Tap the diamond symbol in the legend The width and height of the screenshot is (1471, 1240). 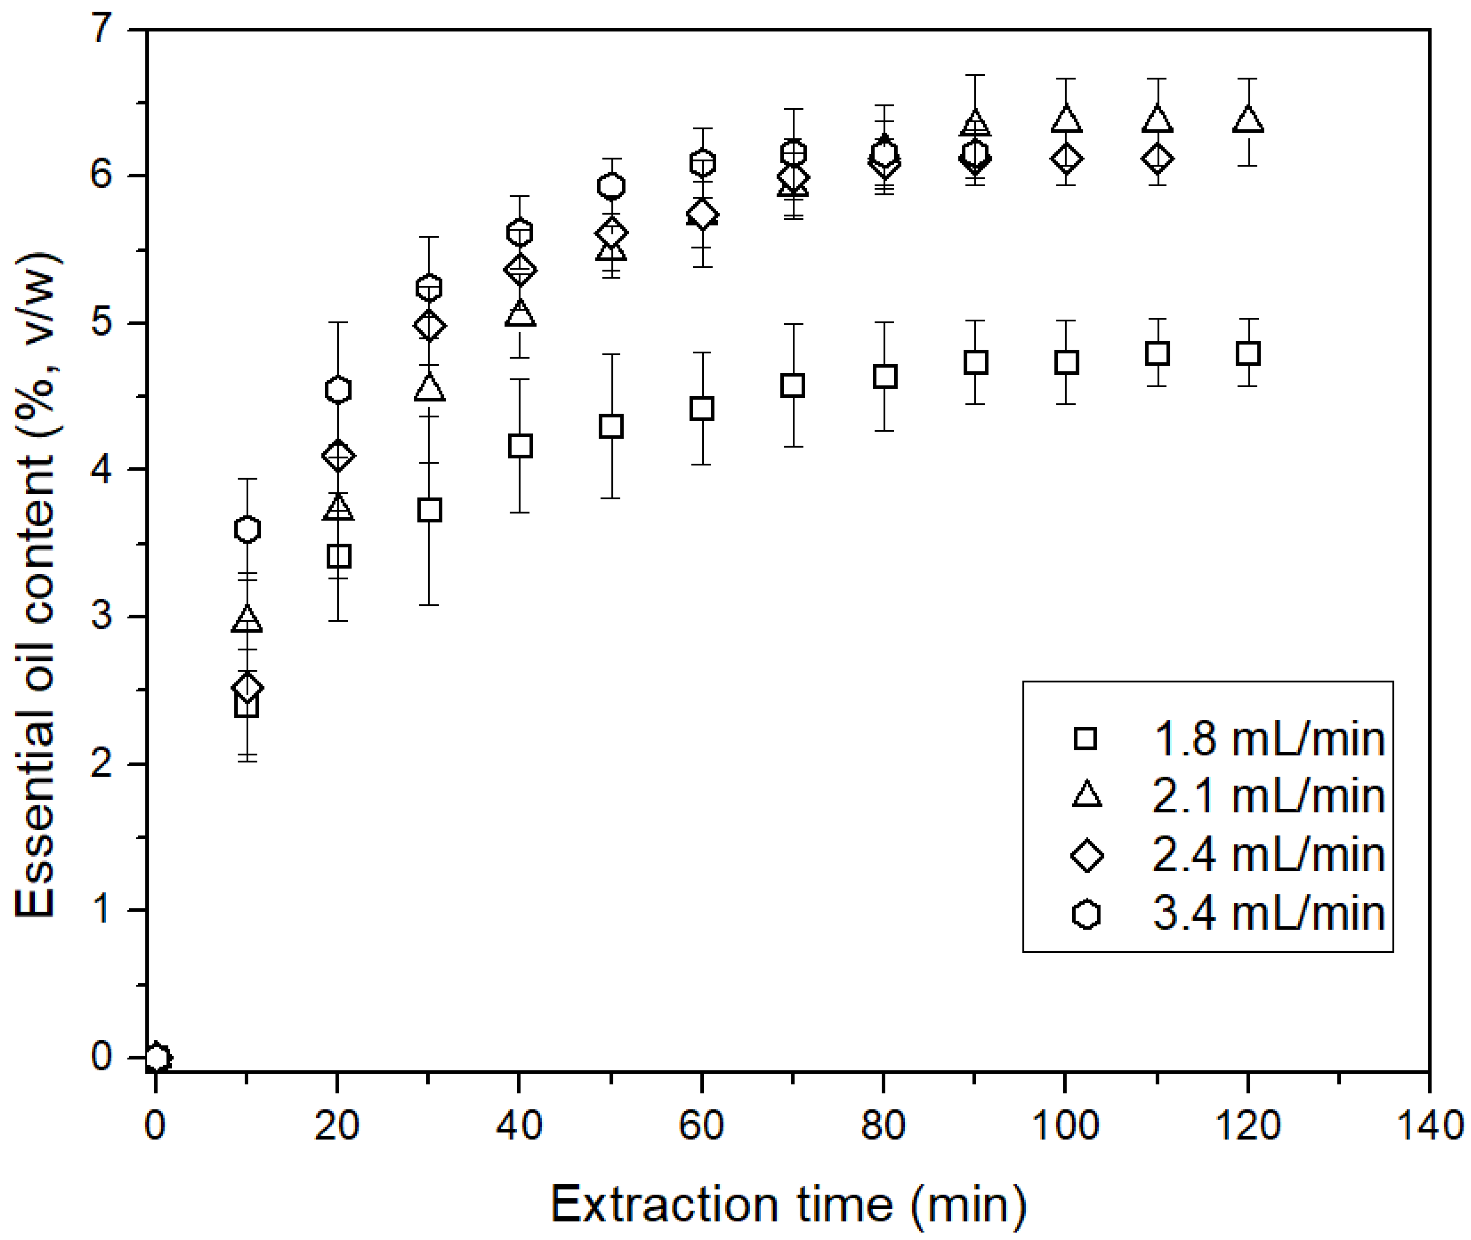click(1086, 856)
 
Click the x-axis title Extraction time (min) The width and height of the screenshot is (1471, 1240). click(788, 1204)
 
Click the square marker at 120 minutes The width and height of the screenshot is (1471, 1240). click(1247, 353)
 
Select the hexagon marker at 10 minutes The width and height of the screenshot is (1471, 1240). click(247, 529)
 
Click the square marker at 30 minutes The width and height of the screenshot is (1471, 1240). click(429, 510)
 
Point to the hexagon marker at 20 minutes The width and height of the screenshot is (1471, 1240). click(338, 390)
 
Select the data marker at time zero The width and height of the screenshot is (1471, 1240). click(158, 1057)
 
